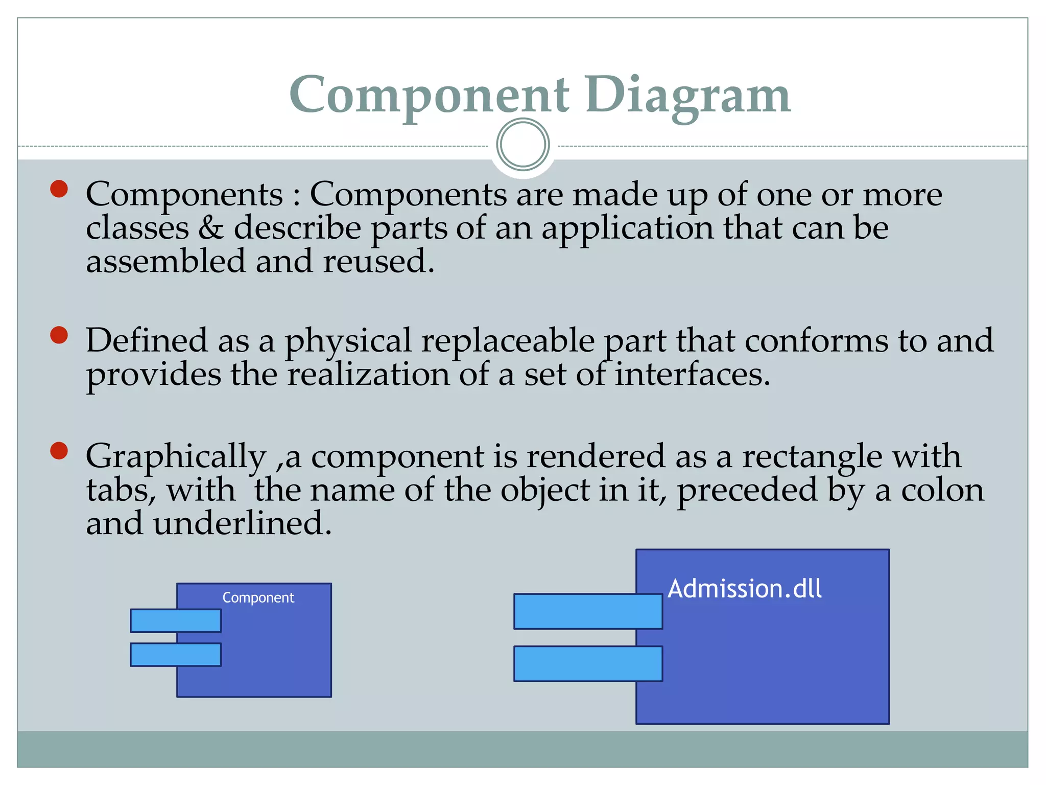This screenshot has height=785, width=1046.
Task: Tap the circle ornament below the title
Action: pyautogui.click(x=522, y=145)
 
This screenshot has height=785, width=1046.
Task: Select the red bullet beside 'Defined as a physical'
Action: pyautogui.click(x=59, y=336)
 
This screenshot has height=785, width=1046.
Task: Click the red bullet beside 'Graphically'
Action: pyautogui.click(x=59, y=451)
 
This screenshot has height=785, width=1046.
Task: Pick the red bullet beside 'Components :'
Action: pyautogui.click(x=59, y=189)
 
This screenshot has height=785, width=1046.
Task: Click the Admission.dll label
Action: pyautogui.click(x=745, y=589)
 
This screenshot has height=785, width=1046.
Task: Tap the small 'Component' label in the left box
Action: pyautogui.click(x=258, y=597)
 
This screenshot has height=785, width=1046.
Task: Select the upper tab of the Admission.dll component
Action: pyautogui.click(x=588, y=611)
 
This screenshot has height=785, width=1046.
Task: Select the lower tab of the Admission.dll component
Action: pyautogui.click(x=588, y=664)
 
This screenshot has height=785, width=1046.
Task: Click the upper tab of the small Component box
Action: pyautogui.click(x=175, y=620)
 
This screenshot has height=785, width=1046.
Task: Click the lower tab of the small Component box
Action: pyautogui.click(x=175, y=655)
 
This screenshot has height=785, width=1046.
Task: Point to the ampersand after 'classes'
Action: pyautogui.click(x=211, y=228)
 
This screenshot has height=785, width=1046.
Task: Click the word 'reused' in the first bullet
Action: pyautogui.click(x=378, y=261)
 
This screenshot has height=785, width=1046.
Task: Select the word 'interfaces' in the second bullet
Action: pyautogui.click(x=692, y=374)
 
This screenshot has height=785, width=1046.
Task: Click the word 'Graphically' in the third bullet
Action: pyautogui.click(x=176, y=456)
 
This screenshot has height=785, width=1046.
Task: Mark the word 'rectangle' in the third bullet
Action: pyautogui.click(x=812, y=456)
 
